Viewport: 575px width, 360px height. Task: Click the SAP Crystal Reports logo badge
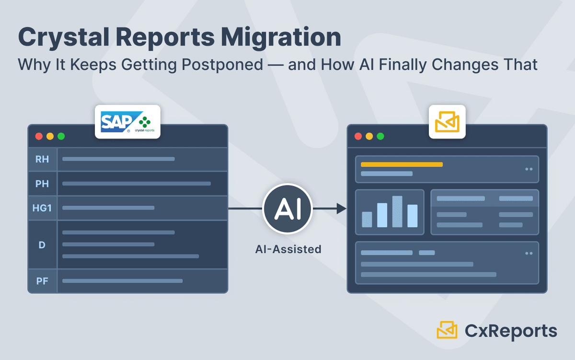[x=127, y=122]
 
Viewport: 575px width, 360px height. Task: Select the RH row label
[x=42, y=159]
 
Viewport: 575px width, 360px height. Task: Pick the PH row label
[x=42, y=184]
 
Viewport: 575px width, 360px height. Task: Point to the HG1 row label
[x=42, y=208]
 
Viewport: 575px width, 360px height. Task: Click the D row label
[x=42, y=244]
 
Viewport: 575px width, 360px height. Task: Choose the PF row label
[x=42, y=281]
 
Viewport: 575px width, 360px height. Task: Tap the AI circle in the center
[x=287, y=209]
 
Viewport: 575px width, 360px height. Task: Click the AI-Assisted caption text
[x=287, y=249]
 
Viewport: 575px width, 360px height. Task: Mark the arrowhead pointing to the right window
[x=341, y=209]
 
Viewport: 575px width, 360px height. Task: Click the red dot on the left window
[x=39, y=136]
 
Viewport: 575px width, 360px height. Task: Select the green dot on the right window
[x=380, y=136]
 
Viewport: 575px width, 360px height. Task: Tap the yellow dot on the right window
[x=369, y=136]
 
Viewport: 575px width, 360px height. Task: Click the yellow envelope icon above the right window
[x=447, y=122]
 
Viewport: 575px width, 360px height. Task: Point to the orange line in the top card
[x=402, y=164]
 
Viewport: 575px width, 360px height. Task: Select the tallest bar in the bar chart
[x=397, y=211]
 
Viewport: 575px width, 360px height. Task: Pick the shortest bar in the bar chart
[x=367, y=219]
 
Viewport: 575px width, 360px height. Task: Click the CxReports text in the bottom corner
[x=511, y=331]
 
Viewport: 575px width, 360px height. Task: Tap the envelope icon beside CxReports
[x=447, y=330]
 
